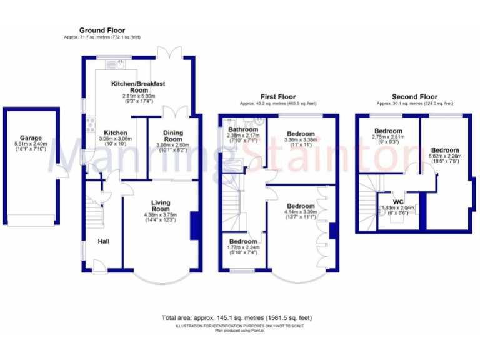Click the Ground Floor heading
point(102,30)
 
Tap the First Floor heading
point(277,97)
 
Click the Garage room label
point(30,137)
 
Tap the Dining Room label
point(172,136)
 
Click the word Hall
point(104,239)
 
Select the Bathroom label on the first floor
point(242,129)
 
